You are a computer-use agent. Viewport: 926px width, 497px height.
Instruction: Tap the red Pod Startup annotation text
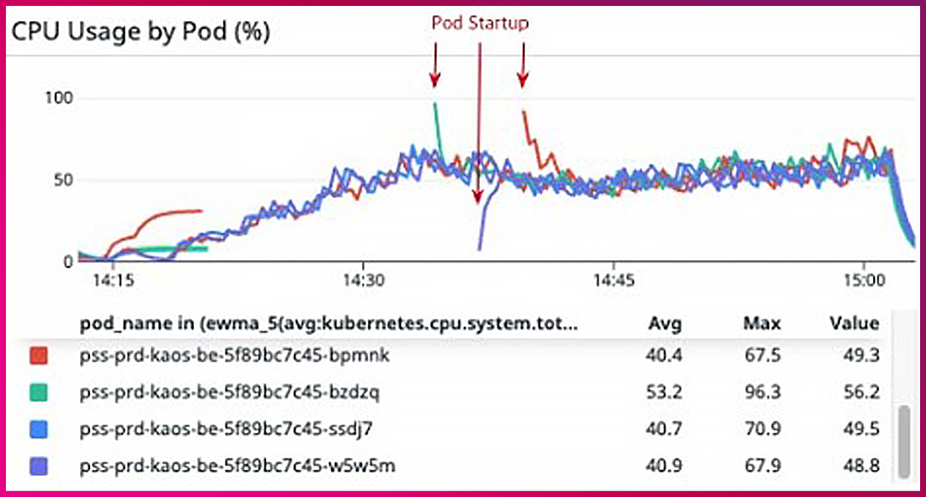480,23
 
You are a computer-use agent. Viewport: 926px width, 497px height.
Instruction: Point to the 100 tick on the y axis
58,99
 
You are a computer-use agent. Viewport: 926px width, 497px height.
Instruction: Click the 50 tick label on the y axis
62,179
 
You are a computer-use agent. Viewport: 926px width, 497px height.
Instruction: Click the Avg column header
665,323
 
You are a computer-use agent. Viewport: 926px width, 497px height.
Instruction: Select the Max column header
762,323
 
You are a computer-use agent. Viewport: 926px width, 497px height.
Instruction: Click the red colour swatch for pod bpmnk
38,356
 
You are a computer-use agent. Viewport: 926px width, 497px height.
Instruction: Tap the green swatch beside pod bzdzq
38,393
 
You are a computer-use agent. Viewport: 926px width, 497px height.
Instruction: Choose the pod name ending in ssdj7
226,429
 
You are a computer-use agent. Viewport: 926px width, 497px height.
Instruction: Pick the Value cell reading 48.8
861,465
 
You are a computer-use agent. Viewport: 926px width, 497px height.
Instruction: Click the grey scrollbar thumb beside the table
903,441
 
